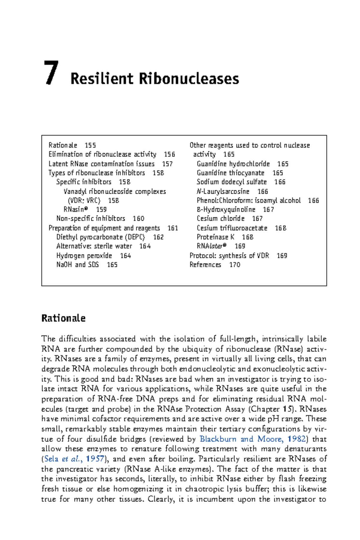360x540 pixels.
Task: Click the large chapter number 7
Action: [51, 73]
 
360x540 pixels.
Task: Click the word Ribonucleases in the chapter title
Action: [189, 79]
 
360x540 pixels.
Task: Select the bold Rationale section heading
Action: [63, 318]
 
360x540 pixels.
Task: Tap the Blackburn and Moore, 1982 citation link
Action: [253, 439]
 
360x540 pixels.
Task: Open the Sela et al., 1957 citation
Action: [74, 459]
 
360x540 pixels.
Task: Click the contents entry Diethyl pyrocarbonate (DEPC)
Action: [100, 237]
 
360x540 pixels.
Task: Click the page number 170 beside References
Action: [235, 265]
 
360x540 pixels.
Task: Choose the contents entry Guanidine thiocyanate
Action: [230, 173]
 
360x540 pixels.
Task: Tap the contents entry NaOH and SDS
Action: [77, 265]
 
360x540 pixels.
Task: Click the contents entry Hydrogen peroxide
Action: [84, 256]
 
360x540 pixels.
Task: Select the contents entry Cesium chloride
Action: [220, 218]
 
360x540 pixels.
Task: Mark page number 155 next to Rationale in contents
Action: [90, 145]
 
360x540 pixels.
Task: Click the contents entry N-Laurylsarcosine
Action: [223, 191]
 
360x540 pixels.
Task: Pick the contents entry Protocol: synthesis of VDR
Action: [229, 256]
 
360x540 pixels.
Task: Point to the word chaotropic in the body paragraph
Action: [204, 489]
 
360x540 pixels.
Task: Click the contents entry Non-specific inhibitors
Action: [91, 218]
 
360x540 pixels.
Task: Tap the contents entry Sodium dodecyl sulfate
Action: [232, 182]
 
